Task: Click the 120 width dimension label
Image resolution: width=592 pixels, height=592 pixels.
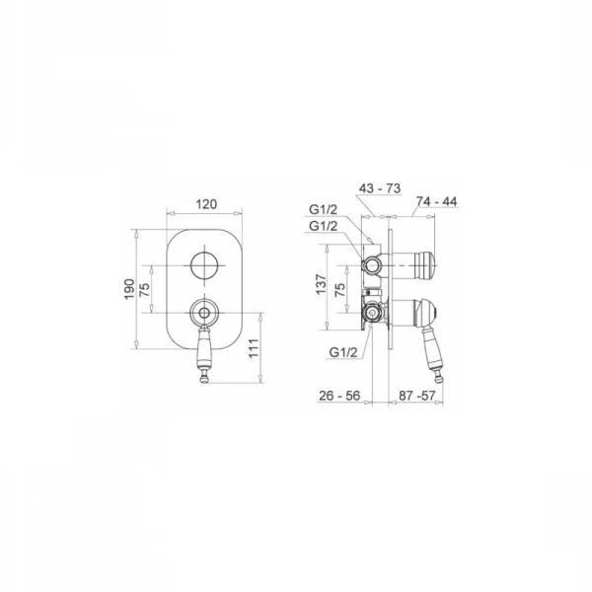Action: (206, 204)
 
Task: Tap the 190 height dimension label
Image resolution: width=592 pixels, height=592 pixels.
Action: (129, 289)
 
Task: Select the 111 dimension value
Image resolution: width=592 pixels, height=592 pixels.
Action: (254, 348)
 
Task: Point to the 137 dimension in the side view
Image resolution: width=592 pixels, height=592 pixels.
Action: (322, 284)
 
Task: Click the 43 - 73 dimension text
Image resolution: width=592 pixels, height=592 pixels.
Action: (380, 188)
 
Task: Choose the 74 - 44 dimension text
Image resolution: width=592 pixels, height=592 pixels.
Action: (436, 201)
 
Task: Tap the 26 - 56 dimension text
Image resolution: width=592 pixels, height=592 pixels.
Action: (339, 396)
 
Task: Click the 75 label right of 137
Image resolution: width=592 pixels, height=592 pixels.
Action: (340, 289)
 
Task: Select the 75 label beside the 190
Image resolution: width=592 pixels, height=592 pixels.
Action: (145, 289)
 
